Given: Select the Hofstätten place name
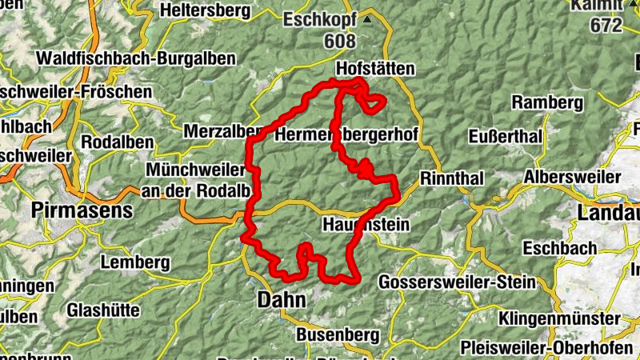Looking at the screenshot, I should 377,70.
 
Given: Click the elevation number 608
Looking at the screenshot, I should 340,40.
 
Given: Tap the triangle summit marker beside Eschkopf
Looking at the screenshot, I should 367,19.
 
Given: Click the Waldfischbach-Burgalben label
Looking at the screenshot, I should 136,58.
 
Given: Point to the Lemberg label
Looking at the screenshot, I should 135,262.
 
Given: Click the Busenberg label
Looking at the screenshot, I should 333,334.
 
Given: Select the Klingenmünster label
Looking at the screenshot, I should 558,318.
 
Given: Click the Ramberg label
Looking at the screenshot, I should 547,102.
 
